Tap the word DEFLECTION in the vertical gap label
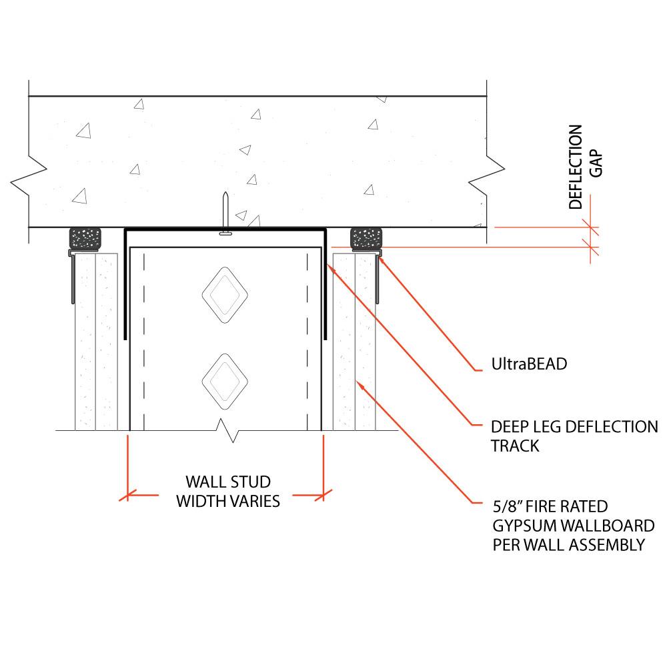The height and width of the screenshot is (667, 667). click(x=576, y=167)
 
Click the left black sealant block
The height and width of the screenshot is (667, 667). click(x=85, y=238)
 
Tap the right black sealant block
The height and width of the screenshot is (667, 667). click(x=366, y=238)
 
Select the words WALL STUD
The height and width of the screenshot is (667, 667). click(x=227, y=482)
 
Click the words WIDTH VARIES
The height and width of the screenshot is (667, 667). click(x=227, y=501)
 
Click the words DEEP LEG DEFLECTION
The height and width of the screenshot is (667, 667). click(x=574, y=427)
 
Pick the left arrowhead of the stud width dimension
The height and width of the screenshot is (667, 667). click(x=126, y=495)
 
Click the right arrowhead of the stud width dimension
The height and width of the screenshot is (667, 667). click(x=323, y=495)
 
